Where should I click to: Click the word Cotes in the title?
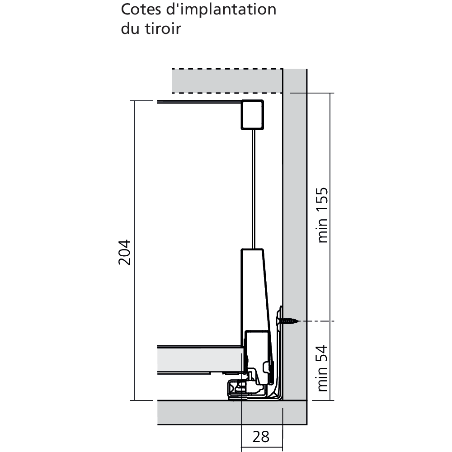click(138, 9)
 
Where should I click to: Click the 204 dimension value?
click(125, 252)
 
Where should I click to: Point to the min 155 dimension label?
click(322, 215)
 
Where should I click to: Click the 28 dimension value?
click(261, 437)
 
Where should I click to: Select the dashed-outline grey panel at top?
click(226, 81)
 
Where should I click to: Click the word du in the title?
click(130, 29)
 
